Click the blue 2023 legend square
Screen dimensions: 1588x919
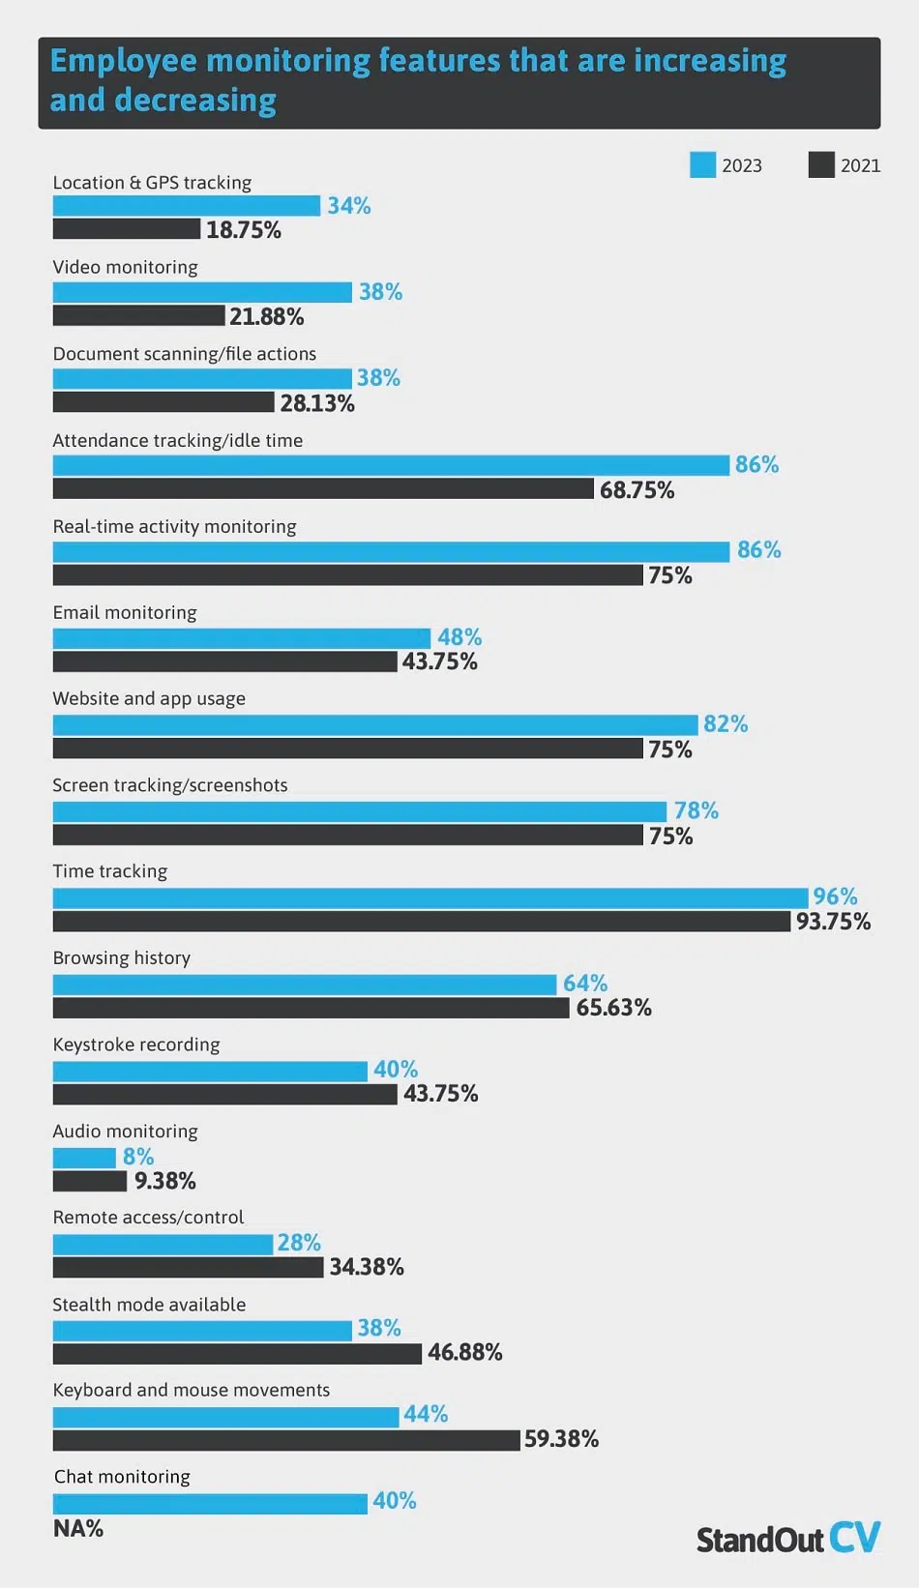click(702, 164)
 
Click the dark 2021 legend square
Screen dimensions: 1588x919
click(821, 164)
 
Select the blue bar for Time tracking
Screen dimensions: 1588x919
click(430, 897)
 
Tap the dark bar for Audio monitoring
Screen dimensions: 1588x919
click(89, 1181)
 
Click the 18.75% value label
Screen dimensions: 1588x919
click(243, 230)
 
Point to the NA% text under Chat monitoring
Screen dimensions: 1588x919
click(78, 1528)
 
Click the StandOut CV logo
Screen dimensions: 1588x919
click(787, 1538)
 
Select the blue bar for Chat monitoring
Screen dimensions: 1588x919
click(210, 1503)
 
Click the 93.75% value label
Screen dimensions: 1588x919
click(833, 922)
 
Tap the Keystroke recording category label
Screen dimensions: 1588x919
click(136, 1044)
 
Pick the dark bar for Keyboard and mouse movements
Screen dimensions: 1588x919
click(286, 1440)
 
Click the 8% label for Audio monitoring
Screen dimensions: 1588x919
click(138, 1157)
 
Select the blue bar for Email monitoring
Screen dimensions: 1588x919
click(241, 638)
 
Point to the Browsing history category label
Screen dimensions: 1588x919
click(122, 957)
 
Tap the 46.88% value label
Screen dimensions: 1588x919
click(464, 1352)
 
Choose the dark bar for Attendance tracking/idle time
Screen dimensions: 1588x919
click(323, 489)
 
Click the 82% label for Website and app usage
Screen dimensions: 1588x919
click(726, 724)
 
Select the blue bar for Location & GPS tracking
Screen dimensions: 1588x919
click(186, 206)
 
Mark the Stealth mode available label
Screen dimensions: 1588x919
click(149, 1305)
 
